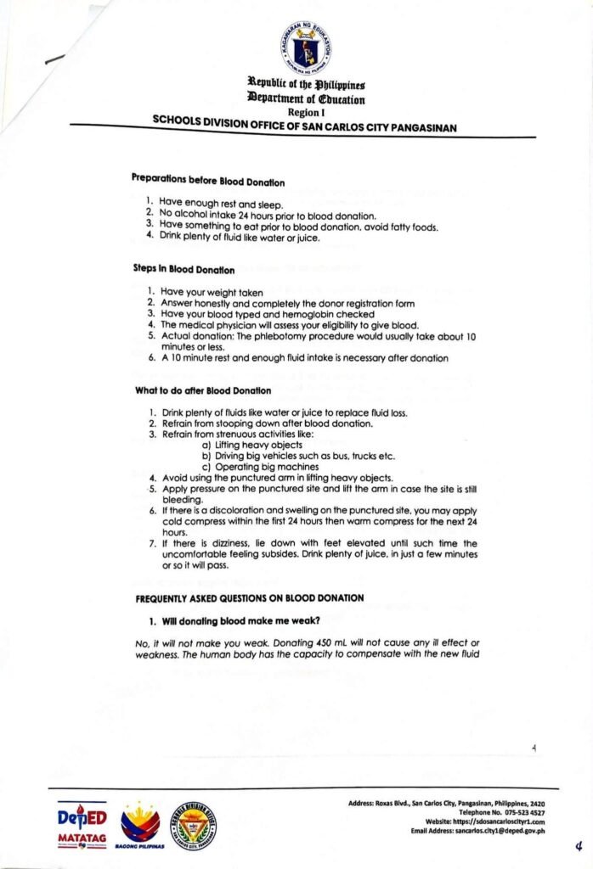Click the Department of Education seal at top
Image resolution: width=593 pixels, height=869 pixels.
(x=305, y=46)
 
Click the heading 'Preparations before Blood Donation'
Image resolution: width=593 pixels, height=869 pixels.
(x=207, y=181)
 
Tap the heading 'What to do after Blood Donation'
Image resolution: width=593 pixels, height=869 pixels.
(x=203, y=390)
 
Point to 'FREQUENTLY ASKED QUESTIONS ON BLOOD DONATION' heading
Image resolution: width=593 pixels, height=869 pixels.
(x=250, y=598)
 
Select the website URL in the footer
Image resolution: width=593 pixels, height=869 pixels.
(x=496, y=821)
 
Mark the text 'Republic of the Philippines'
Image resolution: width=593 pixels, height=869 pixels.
(x=306, y=85)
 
